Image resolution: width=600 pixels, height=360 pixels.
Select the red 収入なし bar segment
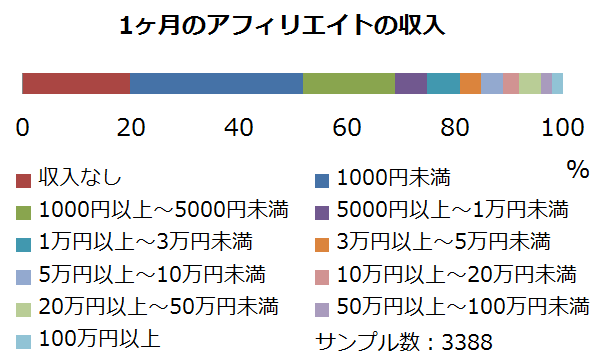pos(76,83)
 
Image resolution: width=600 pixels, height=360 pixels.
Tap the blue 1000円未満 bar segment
pos(216,83)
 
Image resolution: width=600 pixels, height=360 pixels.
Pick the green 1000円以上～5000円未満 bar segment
pos(349,83)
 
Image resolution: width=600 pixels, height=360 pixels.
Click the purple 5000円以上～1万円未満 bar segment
pos(411,83)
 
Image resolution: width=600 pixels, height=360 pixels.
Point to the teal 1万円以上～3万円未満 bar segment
pos(443,83)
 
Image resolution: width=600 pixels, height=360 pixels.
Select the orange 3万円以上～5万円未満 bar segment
pos(470,83)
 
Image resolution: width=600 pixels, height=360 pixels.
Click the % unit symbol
pos(577,169)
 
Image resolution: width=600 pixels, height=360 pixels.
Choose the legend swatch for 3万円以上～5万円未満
pos(322,243)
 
